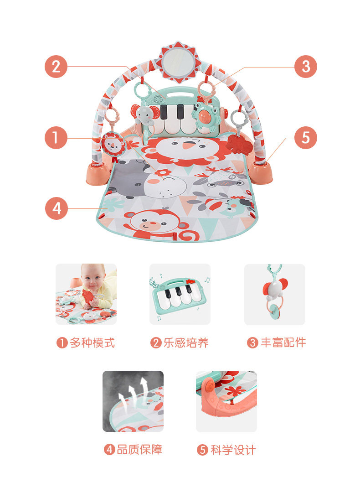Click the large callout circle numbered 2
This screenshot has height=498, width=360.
[56, 67]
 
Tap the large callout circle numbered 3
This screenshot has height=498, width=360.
[306, 67]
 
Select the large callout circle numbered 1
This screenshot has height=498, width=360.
[56, 138]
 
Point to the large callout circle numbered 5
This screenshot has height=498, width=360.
[306, 138]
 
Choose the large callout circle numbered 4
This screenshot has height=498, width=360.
[57, 208]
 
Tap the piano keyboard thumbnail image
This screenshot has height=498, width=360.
[180, 294]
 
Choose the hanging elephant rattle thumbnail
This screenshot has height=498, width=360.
[275, 294]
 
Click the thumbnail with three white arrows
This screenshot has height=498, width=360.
[133, 401]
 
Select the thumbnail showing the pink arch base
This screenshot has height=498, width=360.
[226, 401]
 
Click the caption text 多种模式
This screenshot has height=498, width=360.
[92, 342]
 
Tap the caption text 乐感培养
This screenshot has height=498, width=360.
[186, 342]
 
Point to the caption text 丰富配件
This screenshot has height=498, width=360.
[283, 342]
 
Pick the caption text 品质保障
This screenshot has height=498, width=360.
[140, 449]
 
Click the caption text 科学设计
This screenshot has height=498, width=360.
[233, 450]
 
